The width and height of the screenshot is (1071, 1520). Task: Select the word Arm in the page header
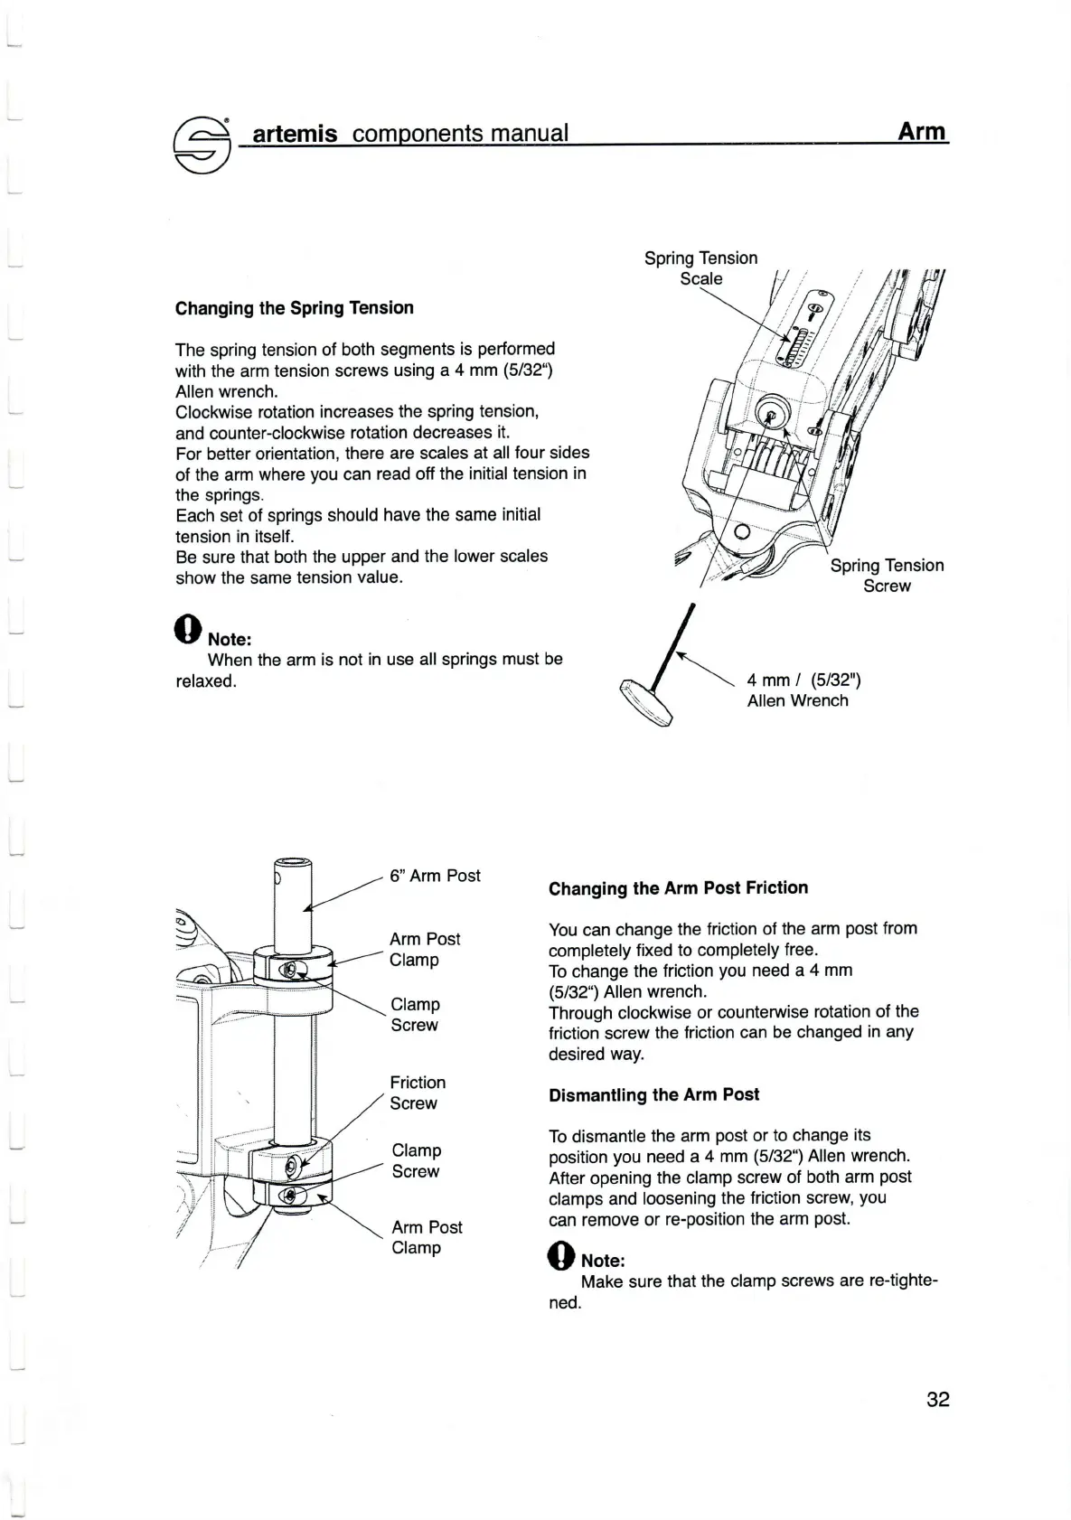coord(921,132)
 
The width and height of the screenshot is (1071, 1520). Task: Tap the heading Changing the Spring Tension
coord(294,308)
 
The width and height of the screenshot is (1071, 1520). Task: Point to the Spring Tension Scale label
coord(700,268)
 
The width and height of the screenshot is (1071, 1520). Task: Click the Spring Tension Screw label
coord(887,576)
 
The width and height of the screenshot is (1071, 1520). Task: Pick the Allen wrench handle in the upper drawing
coord(646,701)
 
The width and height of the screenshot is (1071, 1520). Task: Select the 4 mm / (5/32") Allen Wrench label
coord(797,690)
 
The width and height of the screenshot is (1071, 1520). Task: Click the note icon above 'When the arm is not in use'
coord(187,630)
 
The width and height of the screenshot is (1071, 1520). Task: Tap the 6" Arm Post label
coord(435,876)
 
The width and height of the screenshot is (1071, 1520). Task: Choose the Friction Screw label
coord(417,1093)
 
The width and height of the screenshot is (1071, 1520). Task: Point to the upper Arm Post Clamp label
coord(424,950)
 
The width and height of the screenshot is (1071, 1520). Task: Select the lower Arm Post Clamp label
coord(426,1237)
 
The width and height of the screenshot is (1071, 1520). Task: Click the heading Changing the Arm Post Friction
coord(678,888)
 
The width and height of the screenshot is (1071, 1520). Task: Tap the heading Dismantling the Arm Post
coord(653,1095)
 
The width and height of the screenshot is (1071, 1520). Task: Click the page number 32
coord(937,1400)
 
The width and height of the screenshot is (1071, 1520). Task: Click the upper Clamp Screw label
coord(415,1015)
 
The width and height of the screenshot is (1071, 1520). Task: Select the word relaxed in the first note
coord(205,681)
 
